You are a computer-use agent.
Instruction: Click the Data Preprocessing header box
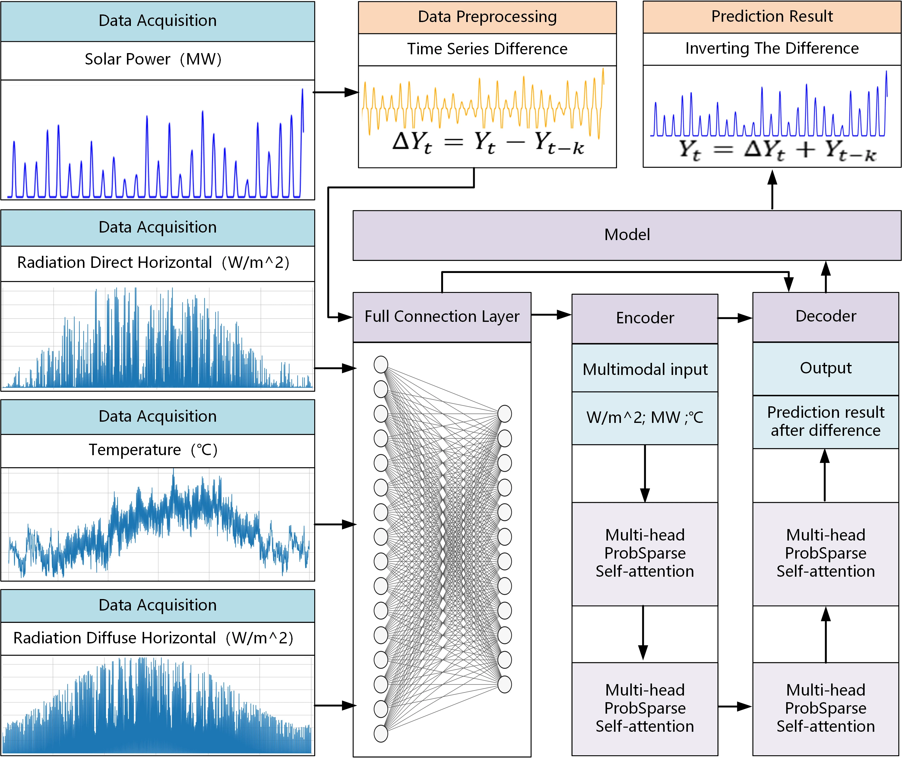point(487,17)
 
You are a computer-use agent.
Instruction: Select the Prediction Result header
point(771,17)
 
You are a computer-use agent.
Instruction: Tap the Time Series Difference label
point(487,49)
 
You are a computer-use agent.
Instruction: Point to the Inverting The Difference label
point(771,49)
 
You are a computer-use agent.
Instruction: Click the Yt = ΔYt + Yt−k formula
point(771,151)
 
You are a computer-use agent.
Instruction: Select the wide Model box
point(627,235)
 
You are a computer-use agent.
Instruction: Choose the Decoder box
point(825,317)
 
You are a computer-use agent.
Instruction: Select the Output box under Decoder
point(825,368)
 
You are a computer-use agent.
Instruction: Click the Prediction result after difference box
point(825,422)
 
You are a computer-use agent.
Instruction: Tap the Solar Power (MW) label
point(153,60)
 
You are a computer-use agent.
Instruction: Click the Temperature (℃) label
point(153,450)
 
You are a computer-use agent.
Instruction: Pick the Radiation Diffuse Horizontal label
point(153,639)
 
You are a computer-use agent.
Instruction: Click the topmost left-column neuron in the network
point(381,364)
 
